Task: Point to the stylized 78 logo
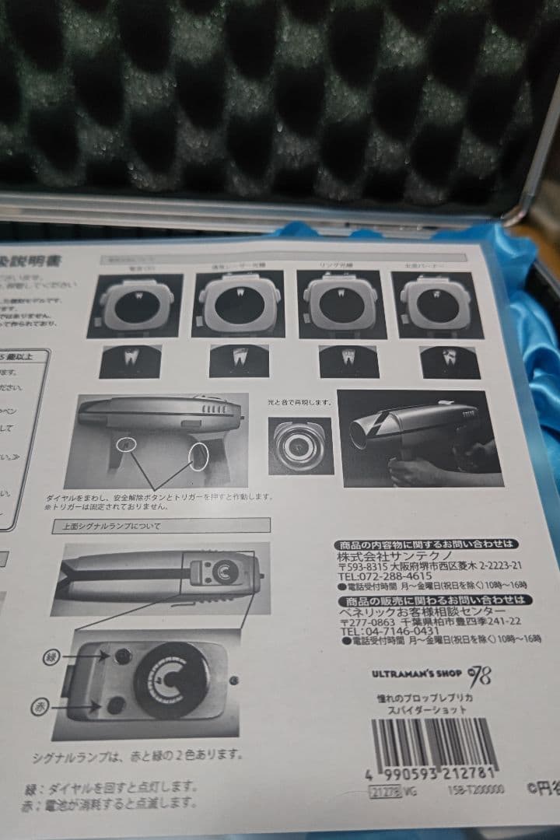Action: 478,674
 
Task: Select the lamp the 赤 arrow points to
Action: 116,705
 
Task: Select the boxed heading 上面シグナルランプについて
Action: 162,526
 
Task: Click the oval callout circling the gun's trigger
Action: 199,456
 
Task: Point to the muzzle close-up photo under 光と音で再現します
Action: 300,445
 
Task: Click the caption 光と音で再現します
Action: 299,401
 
